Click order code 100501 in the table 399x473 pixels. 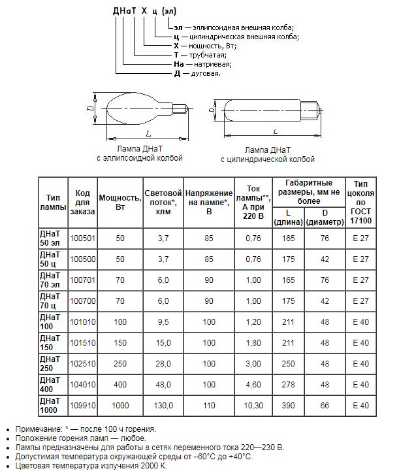point(85,238)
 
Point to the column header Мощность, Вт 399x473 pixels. point(120,202)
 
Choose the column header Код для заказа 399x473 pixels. point(85,202)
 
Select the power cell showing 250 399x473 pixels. point(120,364)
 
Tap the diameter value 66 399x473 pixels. point(325,406)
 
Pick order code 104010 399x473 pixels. point(85,385)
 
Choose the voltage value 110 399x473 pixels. point(208,406)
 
